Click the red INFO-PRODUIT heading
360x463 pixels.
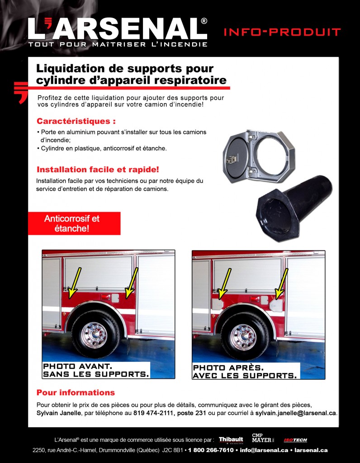tap(282, 32)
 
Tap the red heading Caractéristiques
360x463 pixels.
tap(76, 122)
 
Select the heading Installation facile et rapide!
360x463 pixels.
tap(98, 170)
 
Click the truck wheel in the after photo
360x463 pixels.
tap(244, 336)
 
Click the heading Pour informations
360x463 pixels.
tap(76, 392)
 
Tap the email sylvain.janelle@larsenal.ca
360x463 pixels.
tap(296, 413)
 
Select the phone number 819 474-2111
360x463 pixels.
tap(153, 413)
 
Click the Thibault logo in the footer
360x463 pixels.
tap(231, 439)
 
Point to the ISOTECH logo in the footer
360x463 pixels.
tap(295, 440)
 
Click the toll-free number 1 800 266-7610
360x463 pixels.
tap(211, 450)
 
